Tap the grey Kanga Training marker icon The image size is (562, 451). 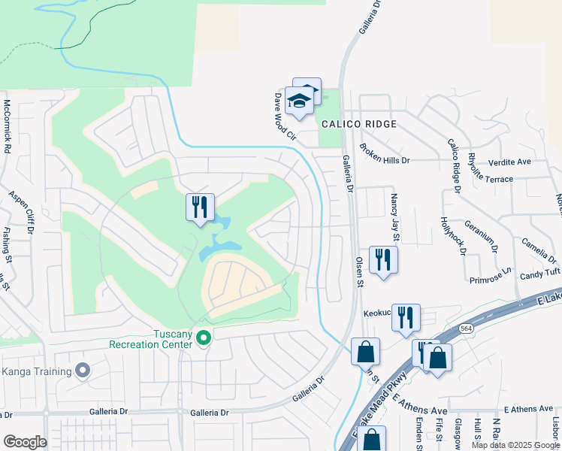click(x=83, y=371)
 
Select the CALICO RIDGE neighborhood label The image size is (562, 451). click(x=355, y=124)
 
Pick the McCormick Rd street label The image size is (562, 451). click(x=6, y=126)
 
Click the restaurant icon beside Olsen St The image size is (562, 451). click(x=383, y=260)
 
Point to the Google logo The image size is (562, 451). click(x=25, y=442)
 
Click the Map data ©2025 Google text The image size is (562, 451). click(x=515, y=445)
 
